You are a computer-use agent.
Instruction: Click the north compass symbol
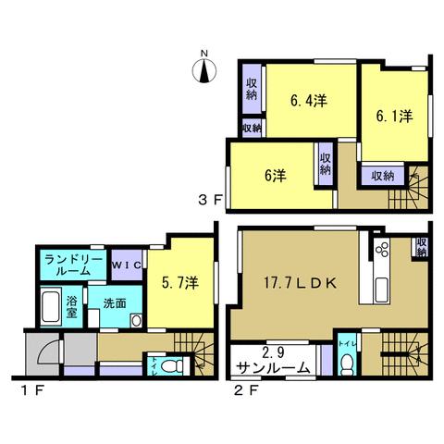pyautogui.click(x=204, y=70)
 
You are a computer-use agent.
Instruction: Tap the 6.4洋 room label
pyautogui.click(x=309, y=101)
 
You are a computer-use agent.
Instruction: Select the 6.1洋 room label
pyautogui.click(x=394, y=117)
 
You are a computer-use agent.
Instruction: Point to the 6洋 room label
pyautogui.click(x=276, y=176)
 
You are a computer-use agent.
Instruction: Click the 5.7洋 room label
pyautogui.click(x=180, y=282)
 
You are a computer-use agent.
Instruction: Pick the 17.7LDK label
pyautogui.click(x=300, y=283)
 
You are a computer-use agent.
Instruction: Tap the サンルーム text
pyautogui.click(x=274, y=368)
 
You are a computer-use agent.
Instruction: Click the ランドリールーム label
pyautogui.click(x=73, y=265)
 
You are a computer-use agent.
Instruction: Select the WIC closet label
pyautogui.click(x=127, y=265)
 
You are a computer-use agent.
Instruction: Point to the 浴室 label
pyautogui.click(x=71, y=307)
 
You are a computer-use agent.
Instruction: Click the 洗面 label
pyautogui.click(x=115, y=303)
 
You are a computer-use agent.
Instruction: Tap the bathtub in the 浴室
pyautogui.click(x=51, y=307)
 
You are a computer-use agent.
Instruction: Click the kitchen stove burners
pyautogui.click(x=382, y=249)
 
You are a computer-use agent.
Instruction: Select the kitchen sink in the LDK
pyautogui.click(x=382, y=290)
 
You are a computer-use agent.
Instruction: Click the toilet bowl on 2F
pyautogui.click(x=348, y=364)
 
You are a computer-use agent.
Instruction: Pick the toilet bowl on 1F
pyautogui.click(x=171, y=366)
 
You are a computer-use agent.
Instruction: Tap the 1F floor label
pyautogui.click(x=31, y=391)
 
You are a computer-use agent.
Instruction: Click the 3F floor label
pyautogui.click(x=210, y=201)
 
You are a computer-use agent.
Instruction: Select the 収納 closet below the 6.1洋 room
pyautogui.click(x=383, y=176)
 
